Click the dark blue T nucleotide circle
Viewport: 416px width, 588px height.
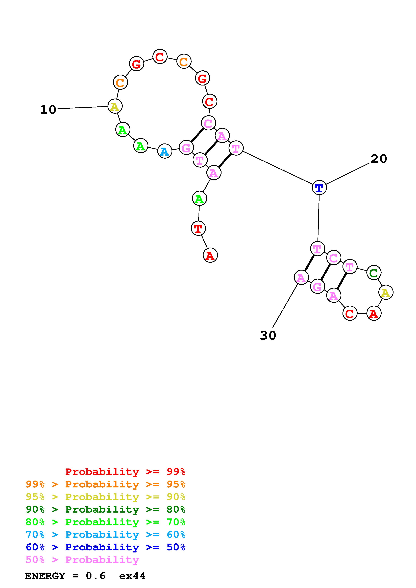(x=319, y=188)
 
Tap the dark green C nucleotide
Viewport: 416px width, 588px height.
(x=374, y=273)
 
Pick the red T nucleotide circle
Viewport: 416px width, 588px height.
(x=198, y=228)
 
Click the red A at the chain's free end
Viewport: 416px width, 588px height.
(x=210, y=255)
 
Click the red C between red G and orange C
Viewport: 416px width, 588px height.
(x=160, y=57)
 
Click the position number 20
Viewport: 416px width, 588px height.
(x=379, y=159)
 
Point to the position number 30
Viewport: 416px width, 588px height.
(x=268, y=336)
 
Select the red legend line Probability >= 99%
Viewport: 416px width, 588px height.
(x=125, y=472)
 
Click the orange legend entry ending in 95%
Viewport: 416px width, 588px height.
(x=106, y=484)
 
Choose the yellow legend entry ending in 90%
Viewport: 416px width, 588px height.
(x=106, y=497)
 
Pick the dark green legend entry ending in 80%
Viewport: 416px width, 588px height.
(x=106, y=509)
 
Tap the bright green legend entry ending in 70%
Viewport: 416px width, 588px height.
(x=106, y=522)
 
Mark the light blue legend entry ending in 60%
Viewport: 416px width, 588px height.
(x=106, y=535)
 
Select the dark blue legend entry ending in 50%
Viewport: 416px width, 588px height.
(x=106, y=547)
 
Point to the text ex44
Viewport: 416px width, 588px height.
(x=132, y=576)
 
